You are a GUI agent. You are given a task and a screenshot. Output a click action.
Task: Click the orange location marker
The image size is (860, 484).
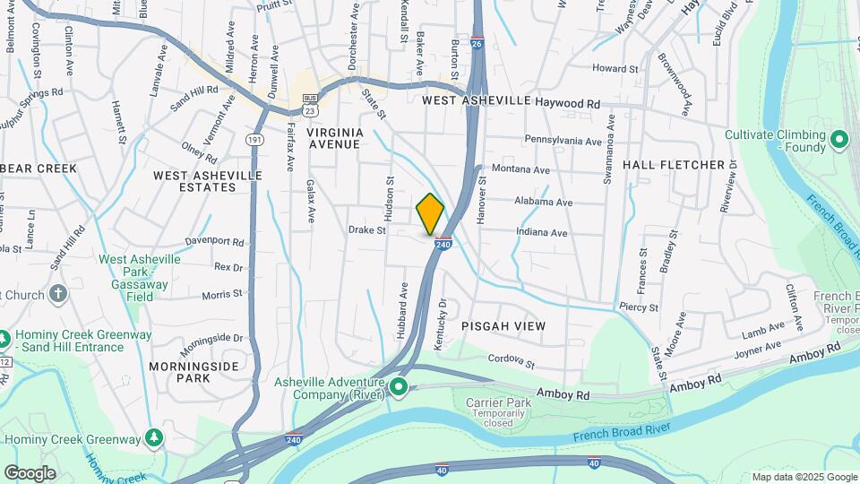(x=430, y=214)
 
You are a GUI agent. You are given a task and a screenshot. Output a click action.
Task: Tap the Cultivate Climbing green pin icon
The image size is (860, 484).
(x=839, y=139)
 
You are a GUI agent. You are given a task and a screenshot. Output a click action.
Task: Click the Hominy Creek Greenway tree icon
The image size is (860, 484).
(x=155, y=438)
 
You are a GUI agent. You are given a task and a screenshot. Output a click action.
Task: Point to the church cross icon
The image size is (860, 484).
(x=58, y=294)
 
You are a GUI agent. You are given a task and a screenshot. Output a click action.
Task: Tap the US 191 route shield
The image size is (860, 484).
(x=255, y=140)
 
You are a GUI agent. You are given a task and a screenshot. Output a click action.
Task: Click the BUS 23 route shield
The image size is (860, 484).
(x=310, y=104)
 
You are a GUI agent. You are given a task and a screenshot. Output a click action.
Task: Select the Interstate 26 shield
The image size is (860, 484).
(x=477, y=43)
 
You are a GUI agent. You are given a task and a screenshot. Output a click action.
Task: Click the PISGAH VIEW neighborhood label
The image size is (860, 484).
(x=503, y=326)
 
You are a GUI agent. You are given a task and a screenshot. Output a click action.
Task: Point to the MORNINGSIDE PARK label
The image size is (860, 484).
(x=193, y=372)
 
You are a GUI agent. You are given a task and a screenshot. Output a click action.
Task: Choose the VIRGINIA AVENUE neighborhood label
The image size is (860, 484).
(x=335, y=138)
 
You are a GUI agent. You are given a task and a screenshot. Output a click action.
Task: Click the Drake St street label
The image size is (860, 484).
(x=366, y=230)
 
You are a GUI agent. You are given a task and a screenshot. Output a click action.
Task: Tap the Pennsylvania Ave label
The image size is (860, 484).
(x=563, y=141)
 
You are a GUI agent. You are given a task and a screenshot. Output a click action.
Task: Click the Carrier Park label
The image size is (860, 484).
(x=498, y=402)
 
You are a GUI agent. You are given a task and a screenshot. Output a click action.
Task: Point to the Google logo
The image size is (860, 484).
(x=30, y=472)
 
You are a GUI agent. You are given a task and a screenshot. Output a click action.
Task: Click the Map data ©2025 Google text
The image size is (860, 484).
(x=804, y=477)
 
